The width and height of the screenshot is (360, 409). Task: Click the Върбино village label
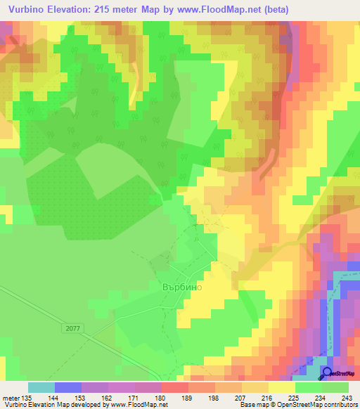click(x=177, y=287)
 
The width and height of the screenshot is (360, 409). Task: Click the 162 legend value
click(x=108, y=397)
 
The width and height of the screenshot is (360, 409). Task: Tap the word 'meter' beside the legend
click(x=11, y=397)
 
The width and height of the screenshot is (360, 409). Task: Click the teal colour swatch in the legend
click(x=41, y=387)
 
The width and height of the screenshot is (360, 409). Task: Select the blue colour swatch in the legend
click(x=68, y=387)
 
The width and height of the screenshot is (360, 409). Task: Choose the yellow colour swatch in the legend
click(x=282, y=387)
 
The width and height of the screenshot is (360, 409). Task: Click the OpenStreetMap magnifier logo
click(x=328, y=373)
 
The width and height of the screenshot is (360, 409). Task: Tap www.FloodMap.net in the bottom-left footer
click(x=139, y=405)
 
